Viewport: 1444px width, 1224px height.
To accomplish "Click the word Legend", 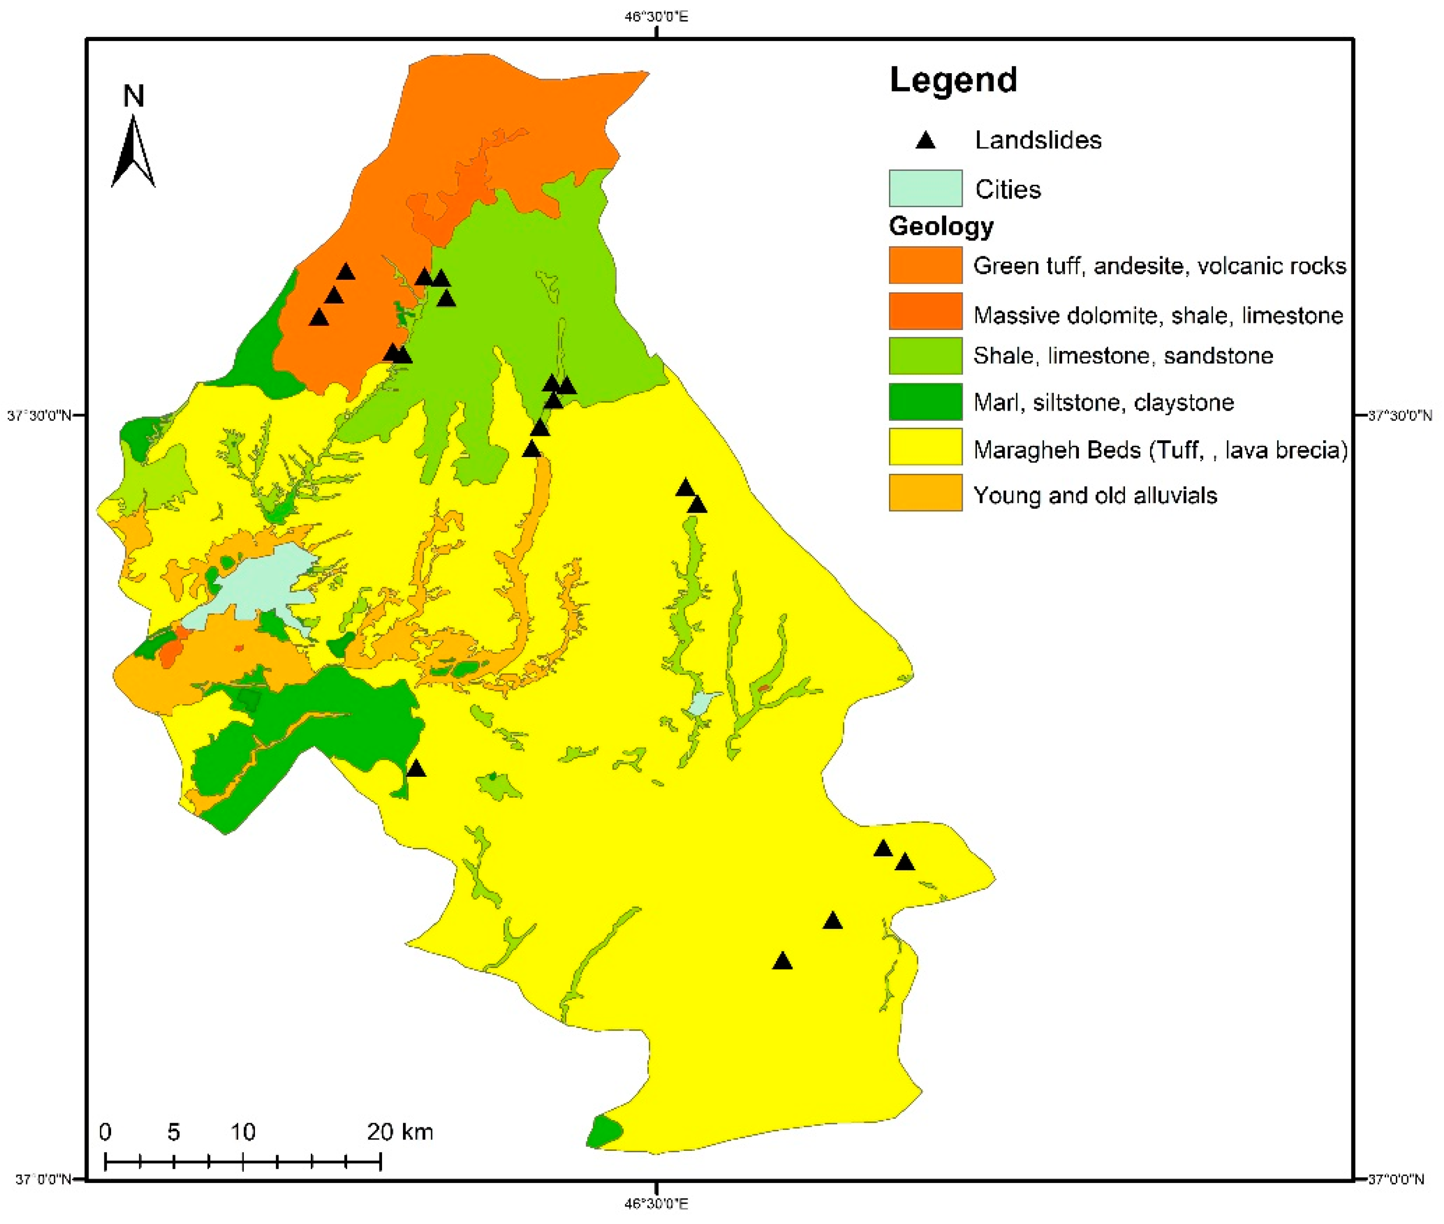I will pyautogui.click(x=952, y=80).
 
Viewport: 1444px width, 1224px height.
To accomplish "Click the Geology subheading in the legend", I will pyautogui.click(x=941, y=226).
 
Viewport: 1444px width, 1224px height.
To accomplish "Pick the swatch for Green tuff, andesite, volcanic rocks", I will pyautogui.click(x=925, y=265).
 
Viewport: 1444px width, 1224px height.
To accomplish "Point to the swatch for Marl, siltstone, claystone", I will pyautogui.click(x=925, y=402).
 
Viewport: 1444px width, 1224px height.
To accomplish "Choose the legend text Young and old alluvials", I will pyautogui.click(x=1095, y=495).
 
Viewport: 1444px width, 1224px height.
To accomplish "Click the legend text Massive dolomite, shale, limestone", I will pyautogui.click(x=1157, y=316).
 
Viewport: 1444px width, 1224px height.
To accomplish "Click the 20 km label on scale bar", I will pyautogui.click(x=400, y=1132).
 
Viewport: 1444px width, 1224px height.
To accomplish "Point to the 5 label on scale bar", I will pyautogui.click(x=174, y=1132).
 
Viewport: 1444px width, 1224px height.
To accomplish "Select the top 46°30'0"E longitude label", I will pyautogui.click(x=656, y=16).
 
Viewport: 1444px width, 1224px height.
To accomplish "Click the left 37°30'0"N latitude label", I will pyautogui.click(x=39, y=416).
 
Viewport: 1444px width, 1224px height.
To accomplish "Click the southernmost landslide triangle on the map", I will pyautogui.click(x=782, y=961).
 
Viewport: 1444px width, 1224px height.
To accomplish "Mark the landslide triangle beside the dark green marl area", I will pyautogui.click(x=416, y=769).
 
